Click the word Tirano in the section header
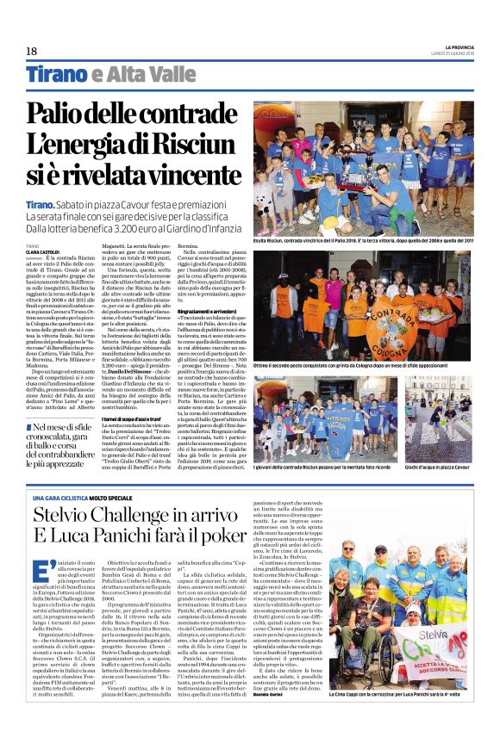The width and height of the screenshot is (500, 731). (x=56, y=76)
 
